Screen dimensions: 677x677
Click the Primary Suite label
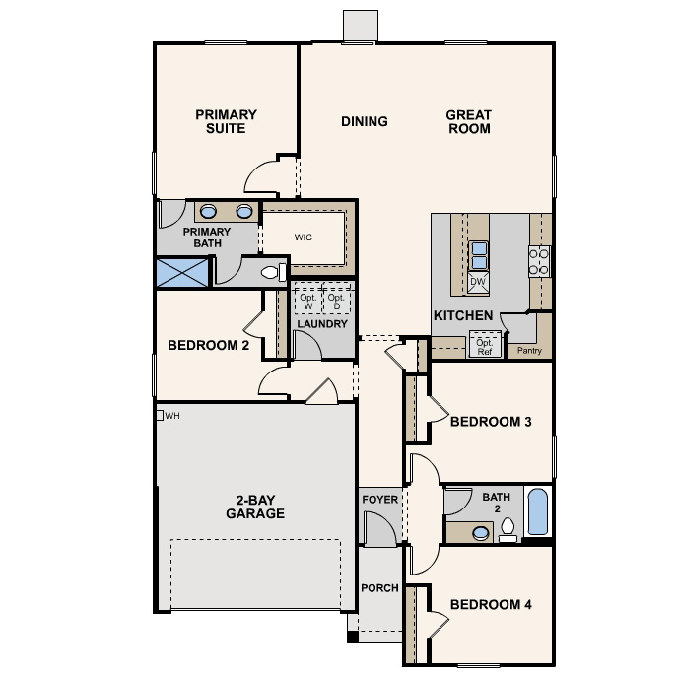click(x=226, y=121)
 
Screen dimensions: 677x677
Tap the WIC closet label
click(x=304, y=237)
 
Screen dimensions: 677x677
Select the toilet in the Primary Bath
click(x=274, y=272)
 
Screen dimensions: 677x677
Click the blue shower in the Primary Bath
click(x=181, y=272)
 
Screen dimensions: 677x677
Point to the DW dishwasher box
click(x=478, y=282)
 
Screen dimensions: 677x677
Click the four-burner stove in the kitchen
click(x=539, y=262)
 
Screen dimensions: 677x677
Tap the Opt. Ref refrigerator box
click(x=485, y=345)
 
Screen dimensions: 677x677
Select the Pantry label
click(x=529, y=350)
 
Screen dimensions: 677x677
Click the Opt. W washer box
click(x=308, y=301)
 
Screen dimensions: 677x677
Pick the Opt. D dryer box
click(x=336, y=301)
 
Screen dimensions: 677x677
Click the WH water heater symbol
click(x=160, y=415)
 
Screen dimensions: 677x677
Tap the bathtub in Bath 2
click(x=537, y=512)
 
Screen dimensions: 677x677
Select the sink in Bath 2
click(x=481, y=533)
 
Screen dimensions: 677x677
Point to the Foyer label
click(x=380, y=500)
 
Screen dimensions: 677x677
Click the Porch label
click(x=380, y=588)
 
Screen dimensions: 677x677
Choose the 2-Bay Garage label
click(x=255, y=507)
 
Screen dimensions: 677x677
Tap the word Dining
click(x=365, y=121)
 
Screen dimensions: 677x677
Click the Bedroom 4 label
click(x=491, y=604)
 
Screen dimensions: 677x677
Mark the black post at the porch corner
click(x=353, y=636)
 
